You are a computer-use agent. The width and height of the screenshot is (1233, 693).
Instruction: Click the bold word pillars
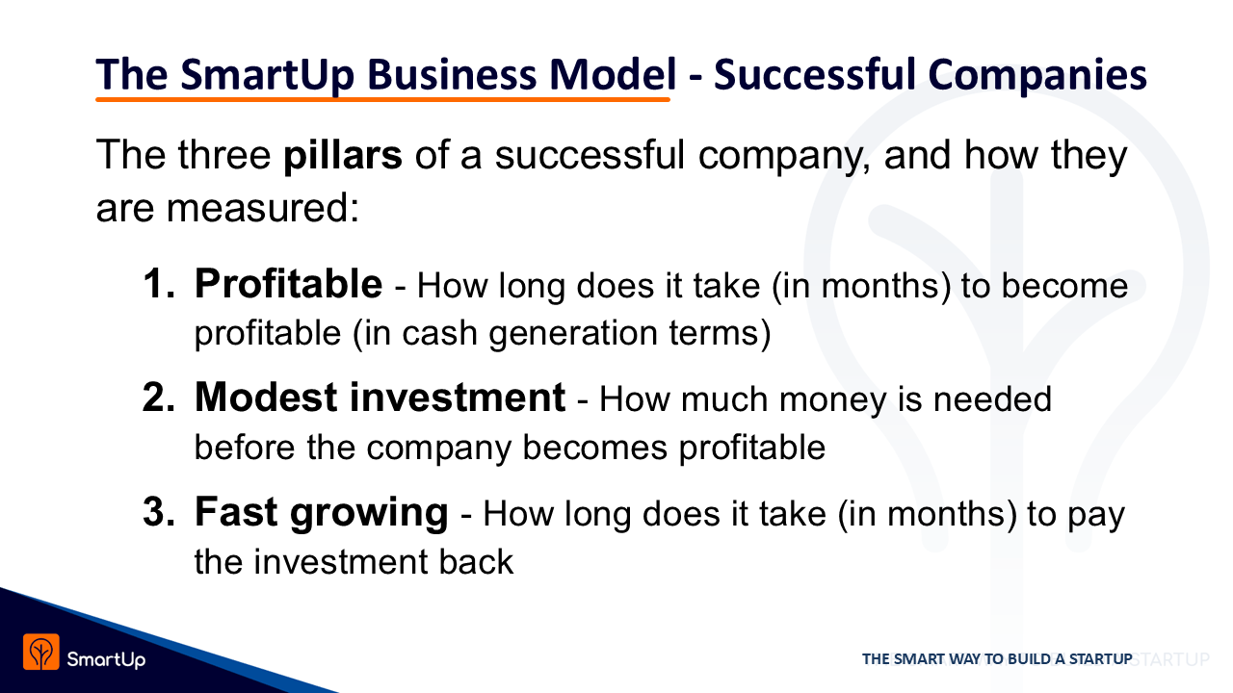[x=342, y=156]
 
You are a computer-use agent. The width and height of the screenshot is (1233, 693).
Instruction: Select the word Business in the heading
[x=452, y=74]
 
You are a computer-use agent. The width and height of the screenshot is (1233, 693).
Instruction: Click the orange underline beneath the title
[x=382, y=99]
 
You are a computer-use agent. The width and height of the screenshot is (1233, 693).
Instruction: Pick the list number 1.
[x=159, y=284]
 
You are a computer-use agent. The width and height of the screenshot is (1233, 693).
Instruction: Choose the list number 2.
[x=159, y=398]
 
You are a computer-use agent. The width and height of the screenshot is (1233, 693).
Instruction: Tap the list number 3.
[x=159, y=512]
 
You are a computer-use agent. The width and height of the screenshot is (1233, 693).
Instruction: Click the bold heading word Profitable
[x=288, y=284]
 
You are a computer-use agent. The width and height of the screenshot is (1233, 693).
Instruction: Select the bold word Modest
[x=266, y=398]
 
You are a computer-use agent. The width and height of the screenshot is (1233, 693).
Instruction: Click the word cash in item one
[x=439, y=333]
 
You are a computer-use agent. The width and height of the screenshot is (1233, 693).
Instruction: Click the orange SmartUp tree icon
[x=41, y=653]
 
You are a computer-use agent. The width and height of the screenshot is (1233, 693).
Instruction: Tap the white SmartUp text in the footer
[x=106, y=659]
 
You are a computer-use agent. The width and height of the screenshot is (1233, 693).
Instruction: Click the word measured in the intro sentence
[x=256, y=209]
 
